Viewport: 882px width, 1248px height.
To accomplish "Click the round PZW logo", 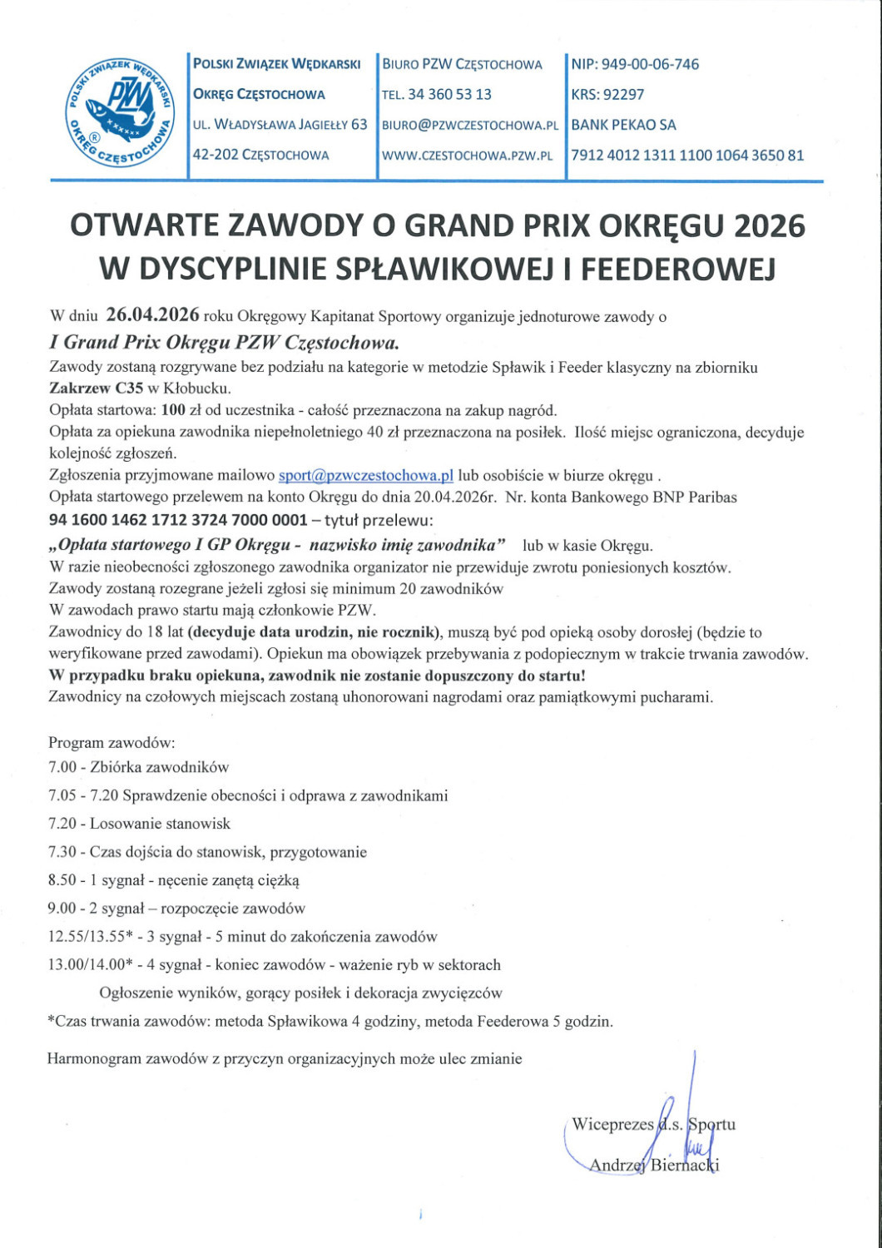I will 120,111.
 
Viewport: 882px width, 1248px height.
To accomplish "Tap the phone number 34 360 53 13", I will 449,95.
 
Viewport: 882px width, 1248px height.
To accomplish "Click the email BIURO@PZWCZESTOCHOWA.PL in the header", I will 469,126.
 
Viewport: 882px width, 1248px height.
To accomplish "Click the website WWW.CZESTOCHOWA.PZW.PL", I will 467,156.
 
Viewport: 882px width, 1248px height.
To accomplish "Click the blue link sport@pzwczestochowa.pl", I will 366,476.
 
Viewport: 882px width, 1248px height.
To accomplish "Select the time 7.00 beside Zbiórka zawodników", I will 62,767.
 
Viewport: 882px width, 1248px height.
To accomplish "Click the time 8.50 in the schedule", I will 62,879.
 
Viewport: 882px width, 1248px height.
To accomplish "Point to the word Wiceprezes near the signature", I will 612,1125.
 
